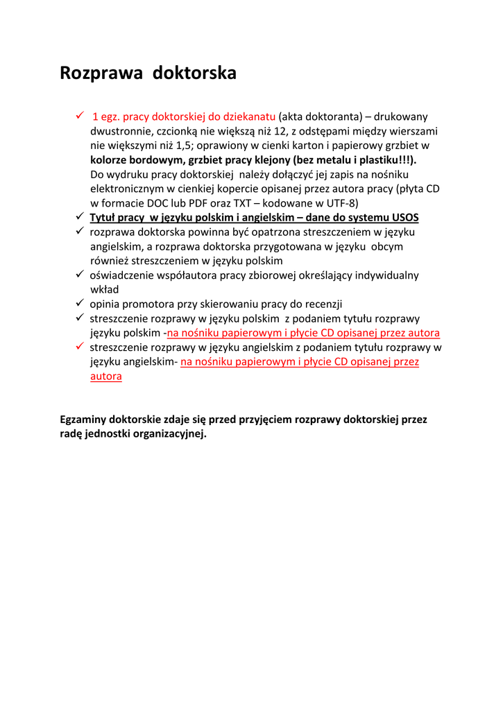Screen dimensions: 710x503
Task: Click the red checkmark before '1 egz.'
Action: [80, 116]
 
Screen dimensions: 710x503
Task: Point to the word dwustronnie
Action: [119, 131]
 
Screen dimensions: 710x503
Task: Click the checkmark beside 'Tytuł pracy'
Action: [80, 217]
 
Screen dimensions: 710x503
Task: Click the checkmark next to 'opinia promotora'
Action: [80, 304]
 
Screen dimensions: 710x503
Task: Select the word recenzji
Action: [322, 304]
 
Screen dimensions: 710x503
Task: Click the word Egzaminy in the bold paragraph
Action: [83, 419]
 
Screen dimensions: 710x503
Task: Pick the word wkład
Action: [105, 290]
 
